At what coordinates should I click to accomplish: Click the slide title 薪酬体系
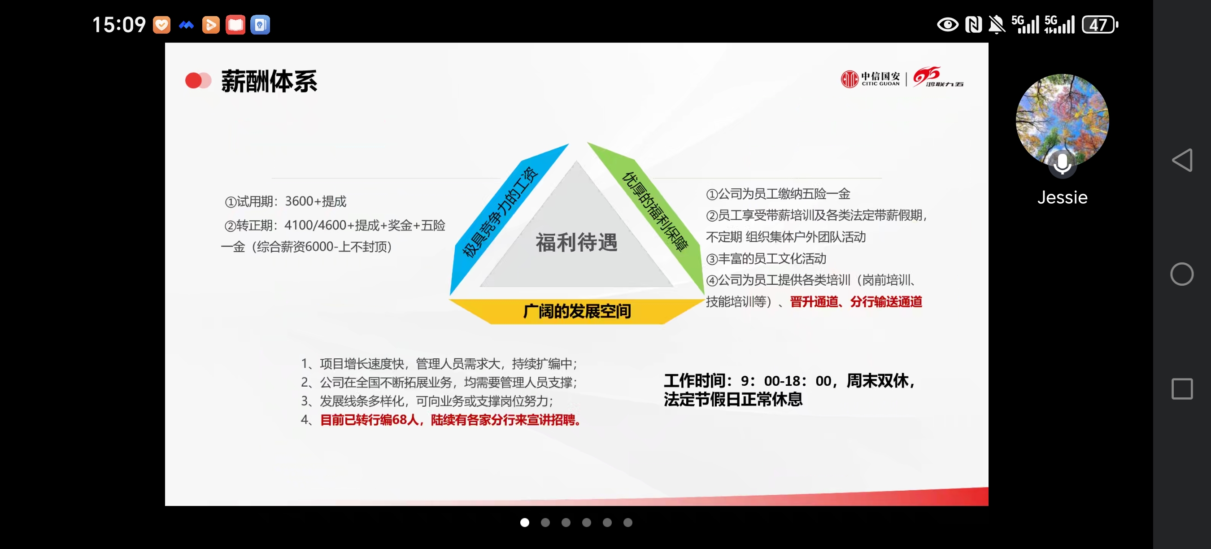270,81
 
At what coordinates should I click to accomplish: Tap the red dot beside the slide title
194,80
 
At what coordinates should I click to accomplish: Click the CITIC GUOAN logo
870,78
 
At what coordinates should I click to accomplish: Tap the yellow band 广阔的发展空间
577,311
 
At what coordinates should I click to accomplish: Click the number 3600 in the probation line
299,201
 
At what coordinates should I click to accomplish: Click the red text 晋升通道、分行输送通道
856,302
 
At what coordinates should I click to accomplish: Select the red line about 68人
451,420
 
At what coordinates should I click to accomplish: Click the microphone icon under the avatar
1062,164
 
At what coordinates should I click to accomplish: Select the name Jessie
1063,197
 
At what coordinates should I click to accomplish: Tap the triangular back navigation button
1182,160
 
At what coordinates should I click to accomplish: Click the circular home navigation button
1182,274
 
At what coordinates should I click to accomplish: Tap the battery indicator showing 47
1100,24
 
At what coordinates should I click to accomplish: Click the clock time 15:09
119,24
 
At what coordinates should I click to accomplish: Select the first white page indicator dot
525,522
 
